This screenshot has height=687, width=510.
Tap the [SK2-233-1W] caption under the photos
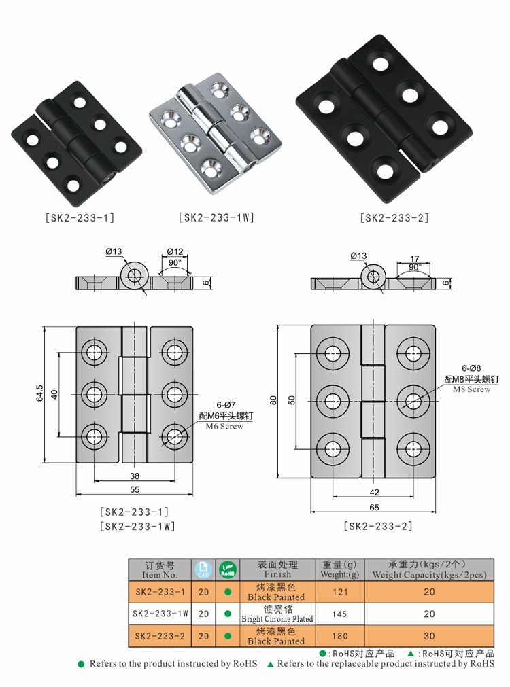[216, 218]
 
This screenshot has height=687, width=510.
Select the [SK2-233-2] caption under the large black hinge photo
[394, 218]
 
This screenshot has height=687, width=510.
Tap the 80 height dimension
[273, 401]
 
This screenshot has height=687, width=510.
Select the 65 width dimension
[374, 506]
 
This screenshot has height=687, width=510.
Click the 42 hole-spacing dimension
[374, 493]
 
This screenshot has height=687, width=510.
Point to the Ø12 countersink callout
[175, 252]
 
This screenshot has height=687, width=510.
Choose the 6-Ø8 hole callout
[472, 368]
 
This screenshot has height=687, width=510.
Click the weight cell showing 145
[339, 614]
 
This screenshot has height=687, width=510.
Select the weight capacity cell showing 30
[429, 636]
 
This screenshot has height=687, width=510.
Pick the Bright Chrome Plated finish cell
[277, 614]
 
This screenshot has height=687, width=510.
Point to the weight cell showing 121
[339, 592]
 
